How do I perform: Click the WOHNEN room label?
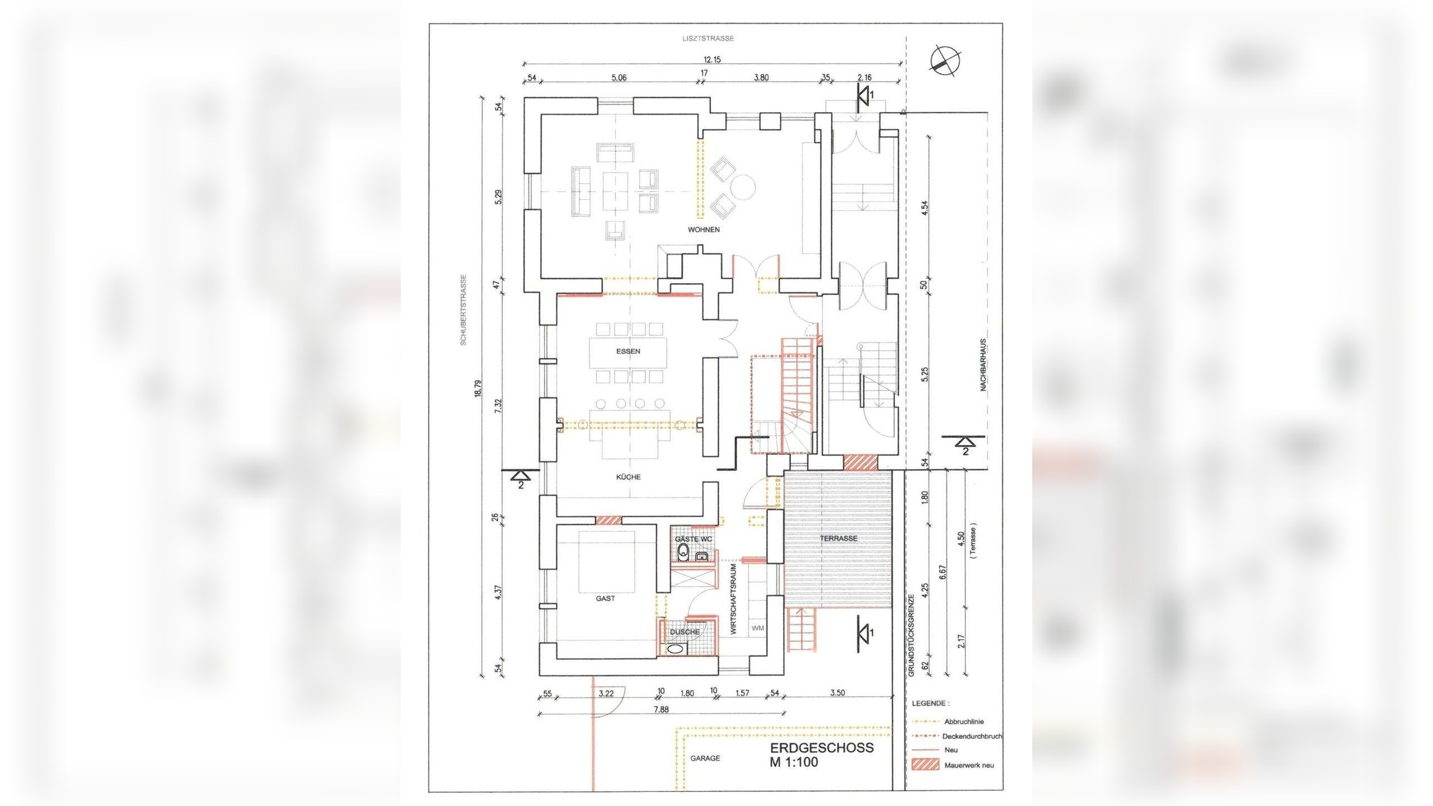(x=704, y=229)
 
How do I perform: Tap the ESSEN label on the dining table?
(x=628, y=352)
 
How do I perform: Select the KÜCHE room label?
(x=629, y=477)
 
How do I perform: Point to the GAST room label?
(x=605, y=598)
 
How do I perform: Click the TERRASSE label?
(x=839, y=538)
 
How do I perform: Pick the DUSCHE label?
(x=685, y=632)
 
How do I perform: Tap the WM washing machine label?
(x=758, y=628)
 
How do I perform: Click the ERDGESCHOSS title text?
(x=822, y=748)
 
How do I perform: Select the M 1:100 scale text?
(x=793, y=762)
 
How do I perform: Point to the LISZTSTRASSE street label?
(x=708, y=39)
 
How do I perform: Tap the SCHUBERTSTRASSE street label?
(x=463, y=310)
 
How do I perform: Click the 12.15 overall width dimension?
(x=712, y=59)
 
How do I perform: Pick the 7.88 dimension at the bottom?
(x=661, y=709)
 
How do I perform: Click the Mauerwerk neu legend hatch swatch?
(x=925, y=765)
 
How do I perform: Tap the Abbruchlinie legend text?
(x=964, y=722)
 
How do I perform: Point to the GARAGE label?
(x=705, y=758)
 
